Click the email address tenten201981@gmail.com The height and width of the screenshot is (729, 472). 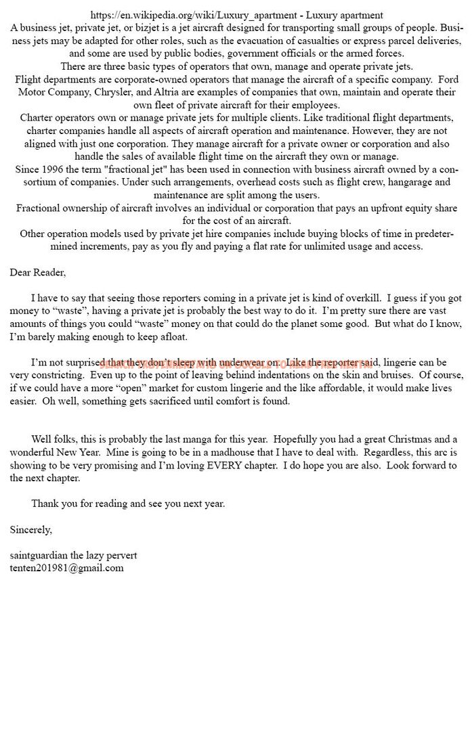coord(66,568)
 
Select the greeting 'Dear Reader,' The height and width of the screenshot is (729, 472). coord(38,272)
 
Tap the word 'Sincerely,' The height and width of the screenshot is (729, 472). coord(30,529)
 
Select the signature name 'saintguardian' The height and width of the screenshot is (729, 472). coord(38,555)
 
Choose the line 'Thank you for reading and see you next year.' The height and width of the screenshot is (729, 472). coord(128,504)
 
